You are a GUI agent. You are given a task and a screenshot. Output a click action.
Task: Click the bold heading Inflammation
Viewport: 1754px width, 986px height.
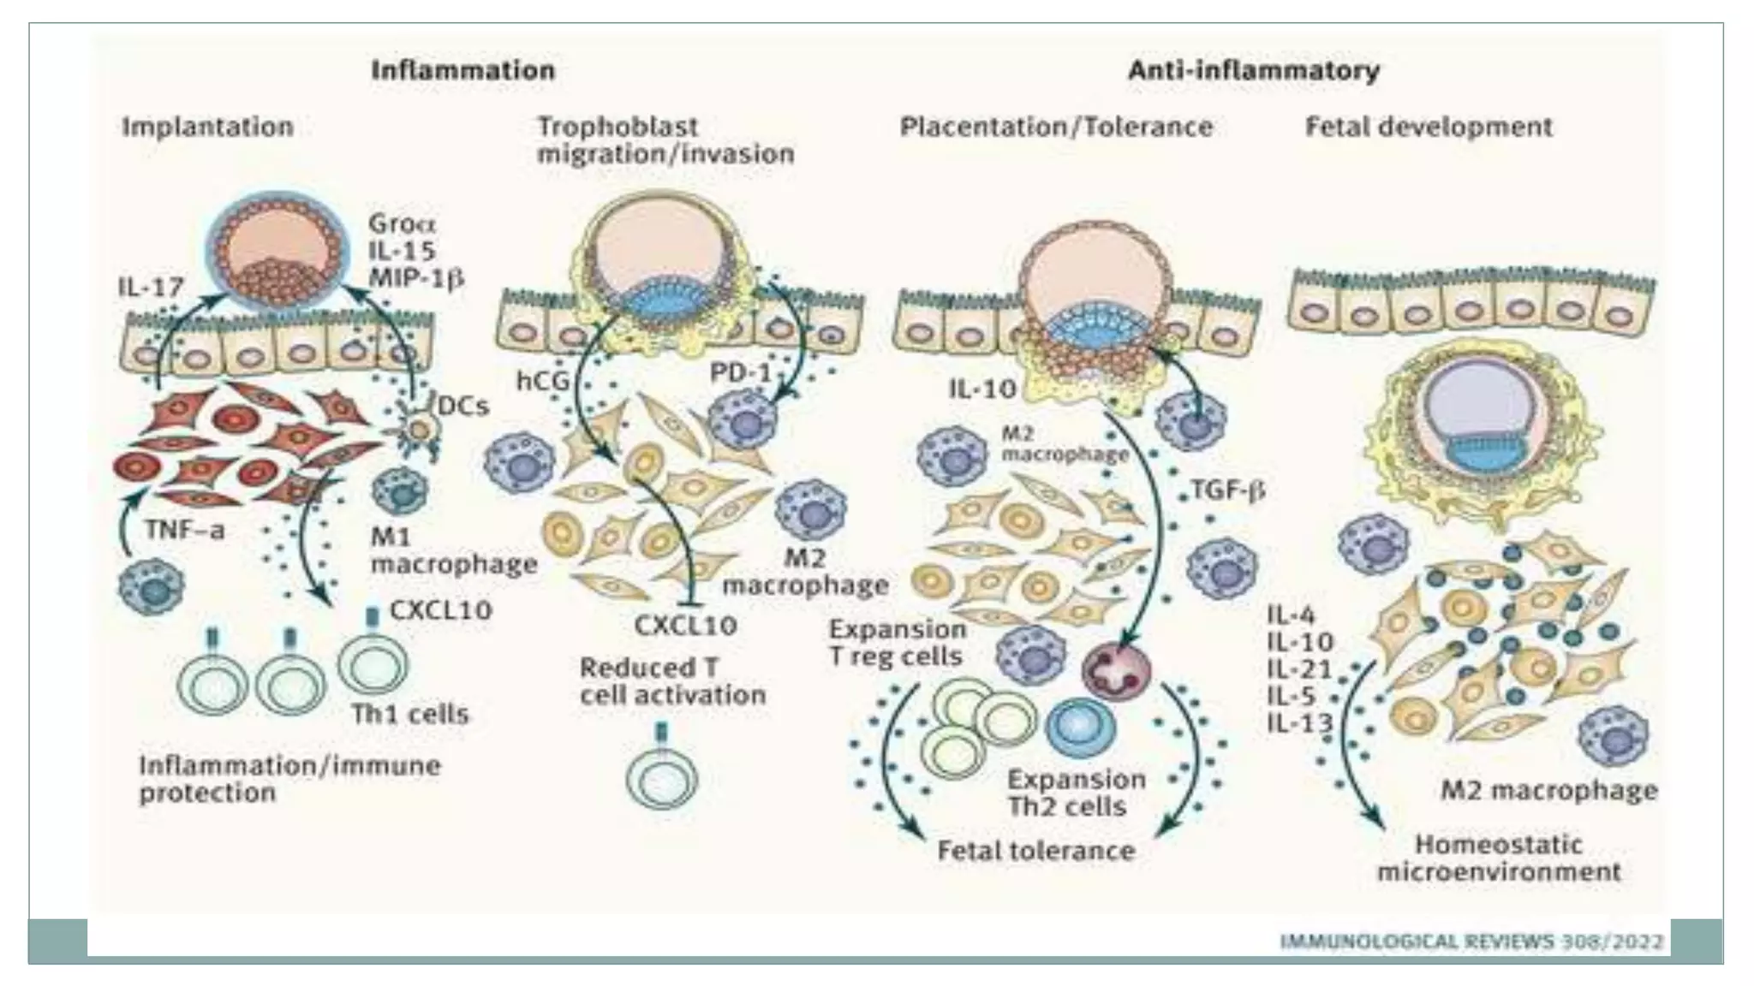pyautogui.click(x=462, y=70)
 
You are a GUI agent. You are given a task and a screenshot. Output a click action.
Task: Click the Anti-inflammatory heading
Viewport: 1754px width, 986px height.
pyautogui.click(x=1253, y=70)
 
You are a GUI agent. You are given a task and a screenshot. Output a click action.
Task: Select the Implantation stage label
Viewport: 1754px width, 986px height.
pyautogui.click(x=207, y=128)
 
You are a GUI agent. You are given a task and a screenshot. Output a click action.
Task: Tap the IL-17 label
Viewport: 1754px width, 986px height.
pyautogui.click(x=151, y=288)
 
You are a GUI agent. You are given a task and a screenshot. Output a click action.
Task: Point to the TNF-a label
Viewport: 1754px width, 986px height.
pyautogui.click(x=184, y=531)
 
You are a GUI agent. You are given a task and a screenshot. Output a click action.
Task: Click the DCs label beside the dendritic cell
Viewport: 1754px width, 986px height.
pyautogui.click(x=463, y=406)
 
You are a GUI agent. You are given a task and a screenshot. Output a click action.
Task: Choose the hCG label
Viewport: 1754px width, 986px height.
pyautogui.click(x=543, y=381)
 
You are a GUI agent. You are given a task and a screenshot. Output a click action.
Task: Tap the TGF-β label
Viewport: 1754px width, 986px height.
pyautogui.click(x=1227, y=490)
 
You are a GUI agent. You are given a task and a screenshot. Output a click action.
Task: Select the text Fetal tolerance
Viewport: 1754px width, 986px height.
pyautogui.click(x=1035, y=851)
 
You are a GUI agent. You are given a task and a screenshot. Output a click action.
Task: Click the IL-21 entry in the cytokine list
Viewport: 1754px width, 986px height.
pyautogui.click(x=1299, y=669)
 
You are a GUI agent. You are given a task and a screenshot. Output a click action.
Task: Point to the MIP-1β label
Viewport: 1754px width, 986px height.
pyautogui.click(x=416, y=278)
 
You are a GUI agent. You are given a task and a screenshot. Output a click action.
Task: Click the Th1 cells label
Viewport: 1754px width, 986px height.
pyautogui.click(x=410, y=714)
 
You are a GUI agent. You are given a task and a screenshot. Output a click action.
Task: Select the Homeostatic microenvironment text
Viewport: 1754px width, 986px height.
pyautogui.click(x=1498, y=858)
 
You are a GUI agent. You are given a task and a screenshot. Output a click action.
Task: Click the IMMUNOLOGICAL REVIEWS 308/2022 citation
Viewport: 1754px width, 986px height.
pyautogui.click(x=1471, y=942)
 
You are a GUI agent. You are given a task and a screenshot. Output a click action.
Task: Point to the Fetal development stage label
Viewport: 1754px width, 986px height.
pyautogui.click(x=1428, y=128)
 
